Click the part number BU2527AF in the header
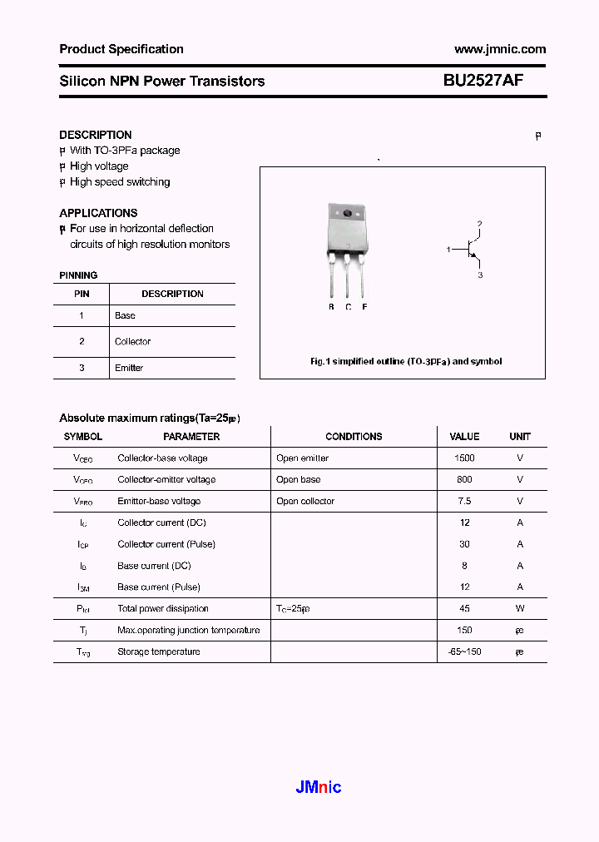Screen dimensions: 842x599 tap(483, 81)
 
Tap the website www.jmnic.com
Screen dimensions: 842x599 tap(500, 49)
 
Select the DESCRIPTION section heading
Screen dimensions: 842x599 tap(95, 135)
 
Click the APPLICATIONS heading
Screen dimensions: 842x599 tap(98, 213)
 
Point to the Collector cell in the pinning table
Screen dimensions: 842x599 tap(132, 341)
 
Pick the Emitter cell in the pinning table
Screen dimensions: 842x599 tap(129, 368)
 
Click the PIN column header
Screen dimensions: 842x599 tap(82, 294)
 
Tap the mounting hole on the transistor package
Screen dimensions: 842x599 tap(347, 214)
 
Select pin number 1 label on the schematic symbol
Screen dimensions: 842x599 tap(448, 250)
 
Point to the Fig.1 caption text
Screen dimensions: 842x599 tap(405, 362)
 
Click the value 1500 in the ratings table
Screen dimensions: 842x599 tap(464, 458)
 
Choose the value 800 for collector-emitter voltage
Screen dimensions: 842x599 tap(464, 480)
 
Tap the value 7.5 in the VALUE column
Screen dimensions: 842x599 tap(464, 502)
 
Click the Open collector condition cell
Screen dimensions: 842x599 tap(305, 502)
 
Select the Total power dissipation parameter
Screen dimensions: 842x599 tap(163, 609)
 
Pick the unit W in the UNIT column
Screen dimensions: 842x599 tap(520, 609)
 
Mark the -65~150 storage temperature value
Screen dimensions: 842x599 tap(464, 652)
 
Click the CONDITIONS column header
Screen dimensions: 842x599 tap(354, 437)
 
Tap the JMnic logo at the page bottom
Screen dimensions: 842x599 tap(319, 787)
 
